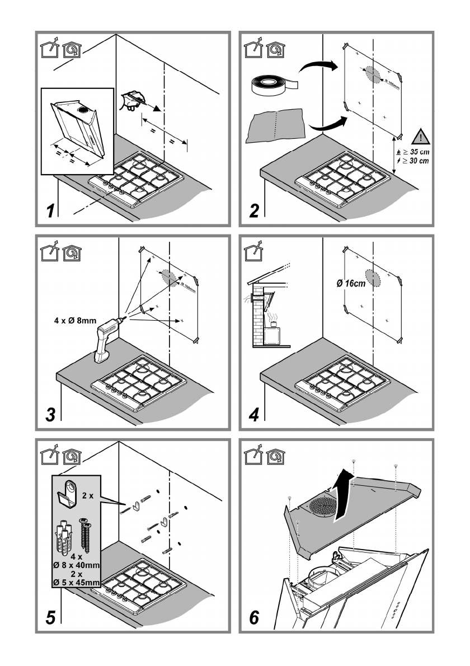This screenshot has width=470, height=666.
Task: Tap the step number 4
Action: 255,416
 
